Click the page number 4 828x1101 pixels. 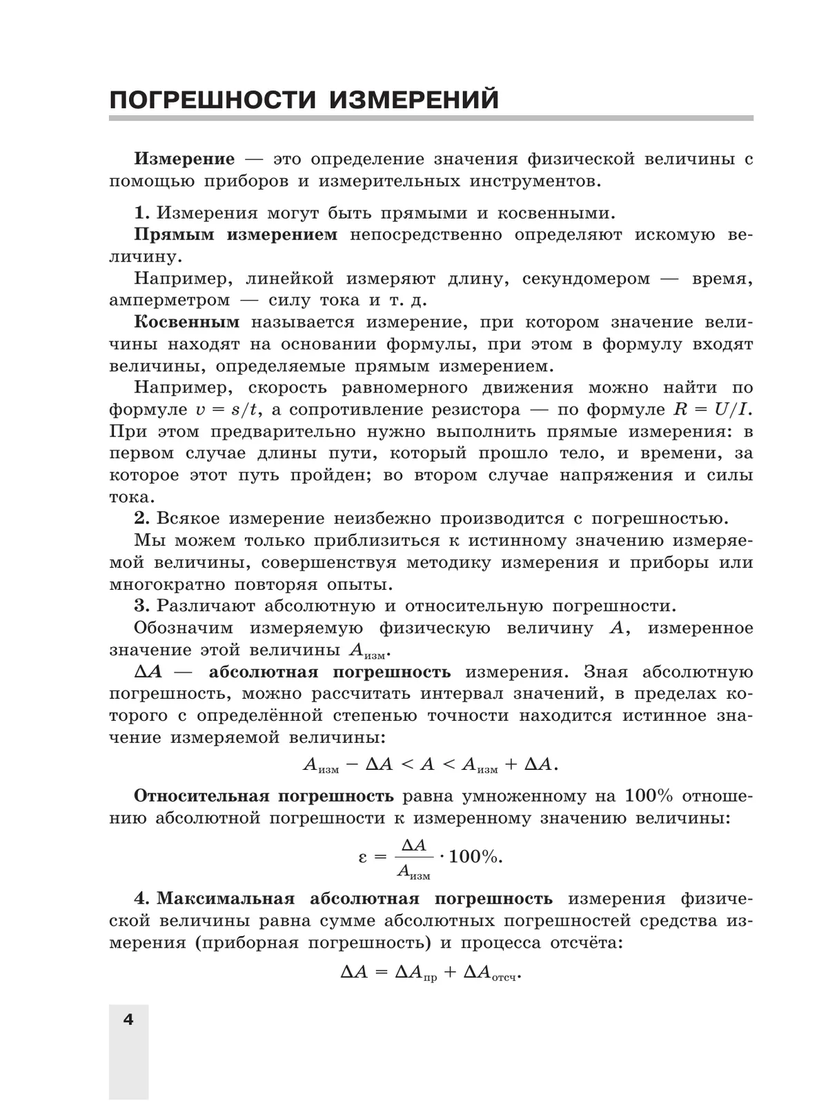[128, 1019]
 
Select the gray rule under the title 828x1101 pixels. [431, 119]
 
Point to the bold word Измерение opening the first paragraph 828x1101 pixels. [184, 159]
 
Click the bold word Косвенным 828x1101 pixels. [187, 322]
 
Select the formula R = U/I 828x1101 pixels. [711, 410]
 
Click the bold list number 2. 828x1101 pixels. [141, 519]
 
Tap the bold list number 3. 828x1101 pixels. [141, 606]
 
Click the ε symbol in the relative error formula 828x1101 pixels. [364, 857]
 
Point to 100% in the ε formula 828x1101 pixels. [477, 857]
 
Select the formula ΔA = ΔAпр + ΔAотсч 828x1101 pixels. [431, 973]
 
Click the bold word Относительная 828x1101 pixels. [201, 796]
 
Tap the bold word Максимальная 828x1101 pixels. [226, 899]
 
